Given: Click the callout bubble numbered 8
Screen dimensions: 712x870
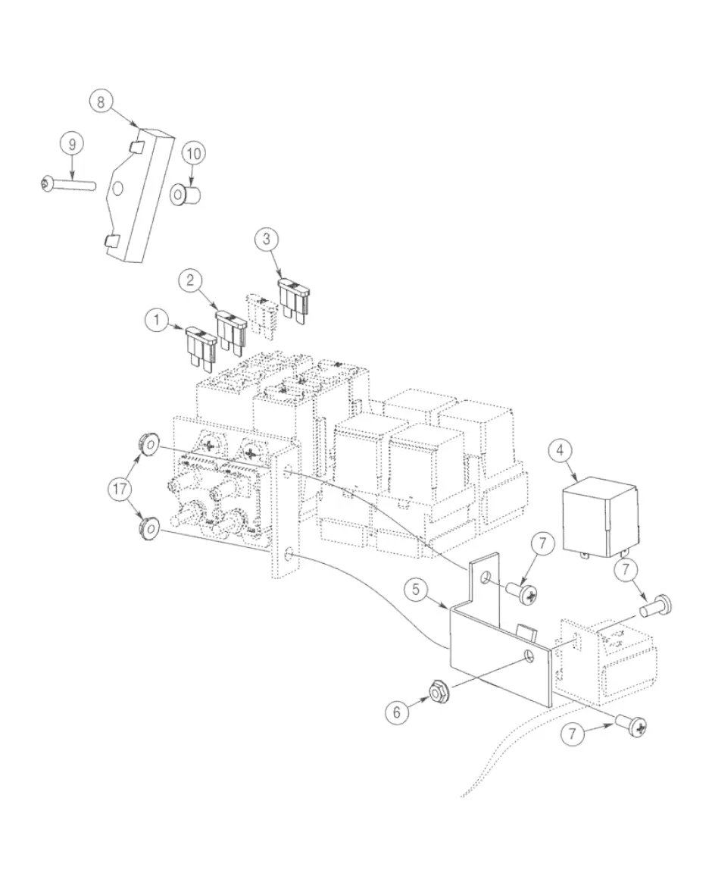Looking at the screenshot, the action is (x=101, y=102).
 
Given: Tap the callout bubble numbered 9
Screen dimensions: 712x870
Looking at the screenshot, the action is (x=72, y=144).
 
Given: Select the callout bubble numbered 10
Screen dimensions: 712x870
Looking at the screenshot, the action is (x=193, y=153).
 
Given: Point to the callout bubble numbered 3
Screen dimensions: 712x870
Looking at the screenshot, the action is (x=267, y=239).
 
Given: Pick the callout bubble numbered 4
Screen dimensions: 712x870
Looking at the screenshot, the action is (x=560, y=450).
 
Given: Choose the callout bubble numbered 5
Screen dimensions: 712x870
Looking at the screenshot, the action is (x=417, y=590).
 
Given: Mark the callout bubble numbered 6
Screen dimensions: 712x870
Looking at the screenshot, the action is (x=396, y=712).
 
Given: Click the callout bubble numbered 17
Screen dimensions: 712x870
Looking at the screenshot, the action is (x=120, y=489).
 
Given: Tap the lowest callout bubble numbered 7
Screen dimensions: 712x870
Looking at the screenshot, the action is (x=572, y=734).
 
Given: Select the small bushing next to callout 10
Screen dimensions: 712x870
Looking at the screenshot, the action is (x=186, y=196).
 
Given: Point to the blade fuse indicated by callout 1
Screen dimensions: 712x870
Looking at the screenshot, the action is (x=200, y=349).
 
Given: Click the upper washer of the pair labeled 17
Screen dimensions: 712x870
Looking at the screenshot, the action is (x=148, y=446).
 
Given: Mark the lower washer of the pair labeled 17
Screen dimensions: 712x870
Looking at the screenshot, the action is (x=148, y=528).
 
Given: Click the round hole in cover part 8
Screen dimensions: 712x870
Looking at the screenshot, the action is (x=117, y=189).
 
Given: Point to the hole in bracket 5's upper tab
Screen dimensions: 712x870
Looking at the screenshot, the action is (x=486, y=578).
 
